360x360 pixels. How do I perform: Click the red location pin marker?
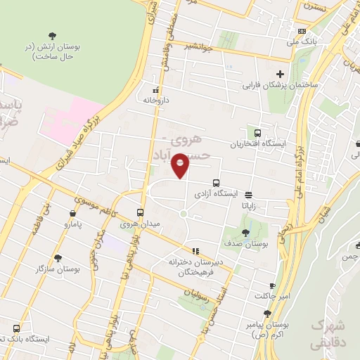[181, 165]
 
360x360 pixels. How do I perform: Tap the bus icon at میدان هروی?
[141, 212]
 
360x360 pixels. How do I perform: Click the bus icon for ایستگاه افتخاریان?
[258, 132]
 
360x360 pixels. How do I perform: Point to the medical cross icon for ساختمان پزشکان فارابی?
[280, 74]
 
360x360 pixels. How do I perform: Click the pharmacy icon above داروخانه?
[156, 90]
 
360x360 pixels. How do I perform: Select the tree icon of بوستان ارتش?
[51, 36]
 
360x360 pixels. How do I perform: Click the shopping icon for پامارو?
[73, 213]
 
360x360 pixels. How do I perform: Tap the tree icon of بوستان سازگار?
[58, 258]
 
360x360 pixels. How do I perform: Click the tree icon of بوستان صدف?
[245, 232]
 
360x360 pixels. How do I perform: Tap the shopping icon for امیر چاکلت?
[272, 285]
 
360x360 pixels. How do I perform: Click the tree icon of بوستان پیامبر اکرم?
[267, 314]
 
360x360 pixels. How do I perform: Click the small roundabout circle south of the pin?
[183, 214]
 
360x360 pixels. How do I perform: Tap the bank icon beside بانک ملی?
[302, 31]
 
